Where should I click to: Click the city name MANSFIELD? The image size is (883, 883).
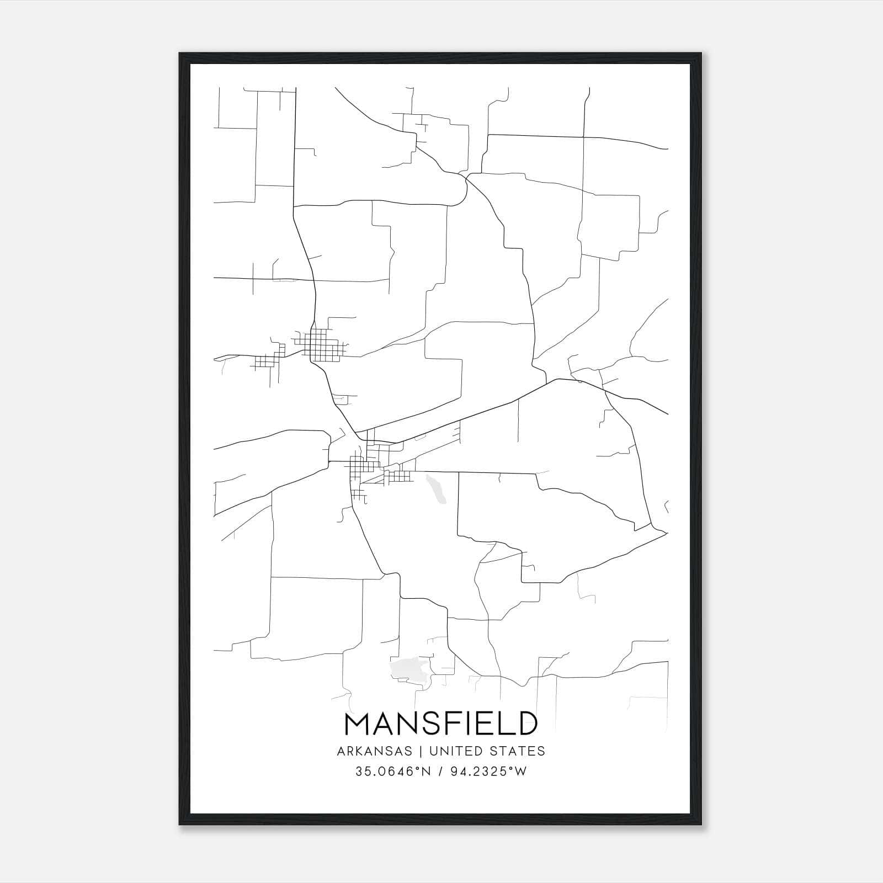[441, 724]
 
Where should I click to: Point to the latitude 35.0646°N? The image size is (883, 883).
[392, 772]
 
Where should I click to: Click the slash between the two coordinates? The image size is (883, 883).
[440, 772]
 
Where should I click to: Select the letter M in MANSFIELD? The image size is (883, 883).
[357, 724]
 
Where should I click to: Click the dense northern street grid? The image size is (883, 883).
[323, 345]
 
